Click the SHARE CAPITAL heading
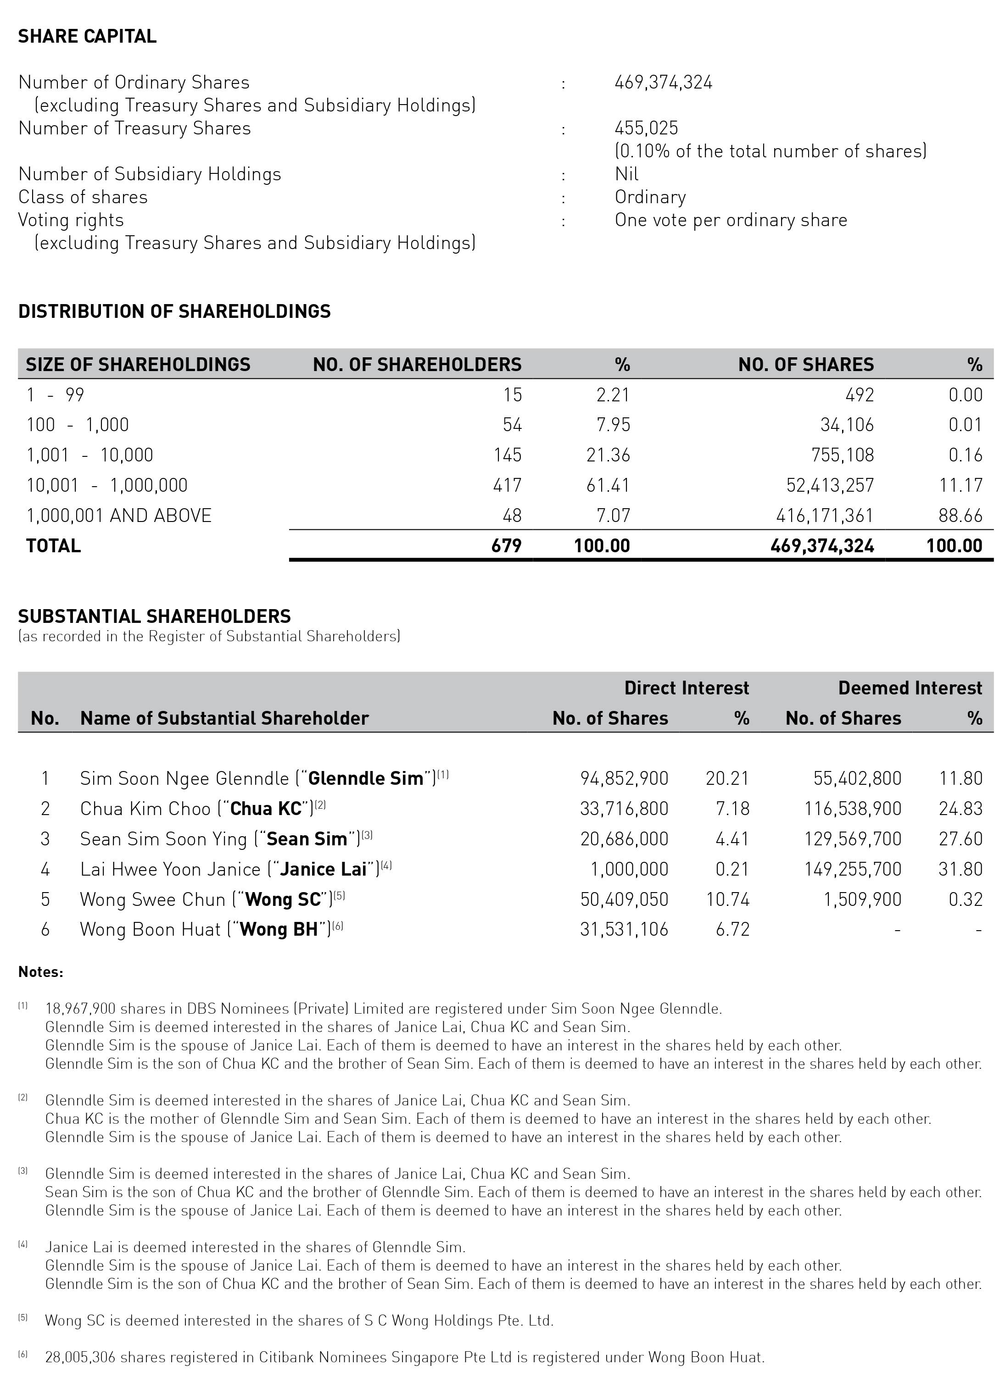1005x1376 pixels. point(87,37)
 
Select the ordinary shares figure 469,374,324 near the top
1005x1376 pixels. point(663,83)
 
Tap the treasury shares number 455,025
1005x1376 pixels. point(646,128)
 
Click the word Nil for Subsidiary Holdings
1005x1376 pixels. point(626,174)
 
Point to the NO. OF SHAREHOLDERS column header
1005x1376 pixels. point(417,364)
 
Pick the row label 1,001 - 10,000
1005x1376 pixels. point(89,455)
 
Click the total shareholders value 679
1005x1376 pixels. point(506,545)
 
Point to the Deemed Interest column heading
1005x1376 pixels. point(910,688)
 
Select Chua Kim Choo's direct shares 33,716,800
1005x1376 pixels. point(624,809)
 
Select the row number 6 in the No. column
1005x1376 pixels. point(45,929)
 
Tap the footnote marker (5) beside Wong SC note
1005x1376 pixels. point(22,1318)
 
